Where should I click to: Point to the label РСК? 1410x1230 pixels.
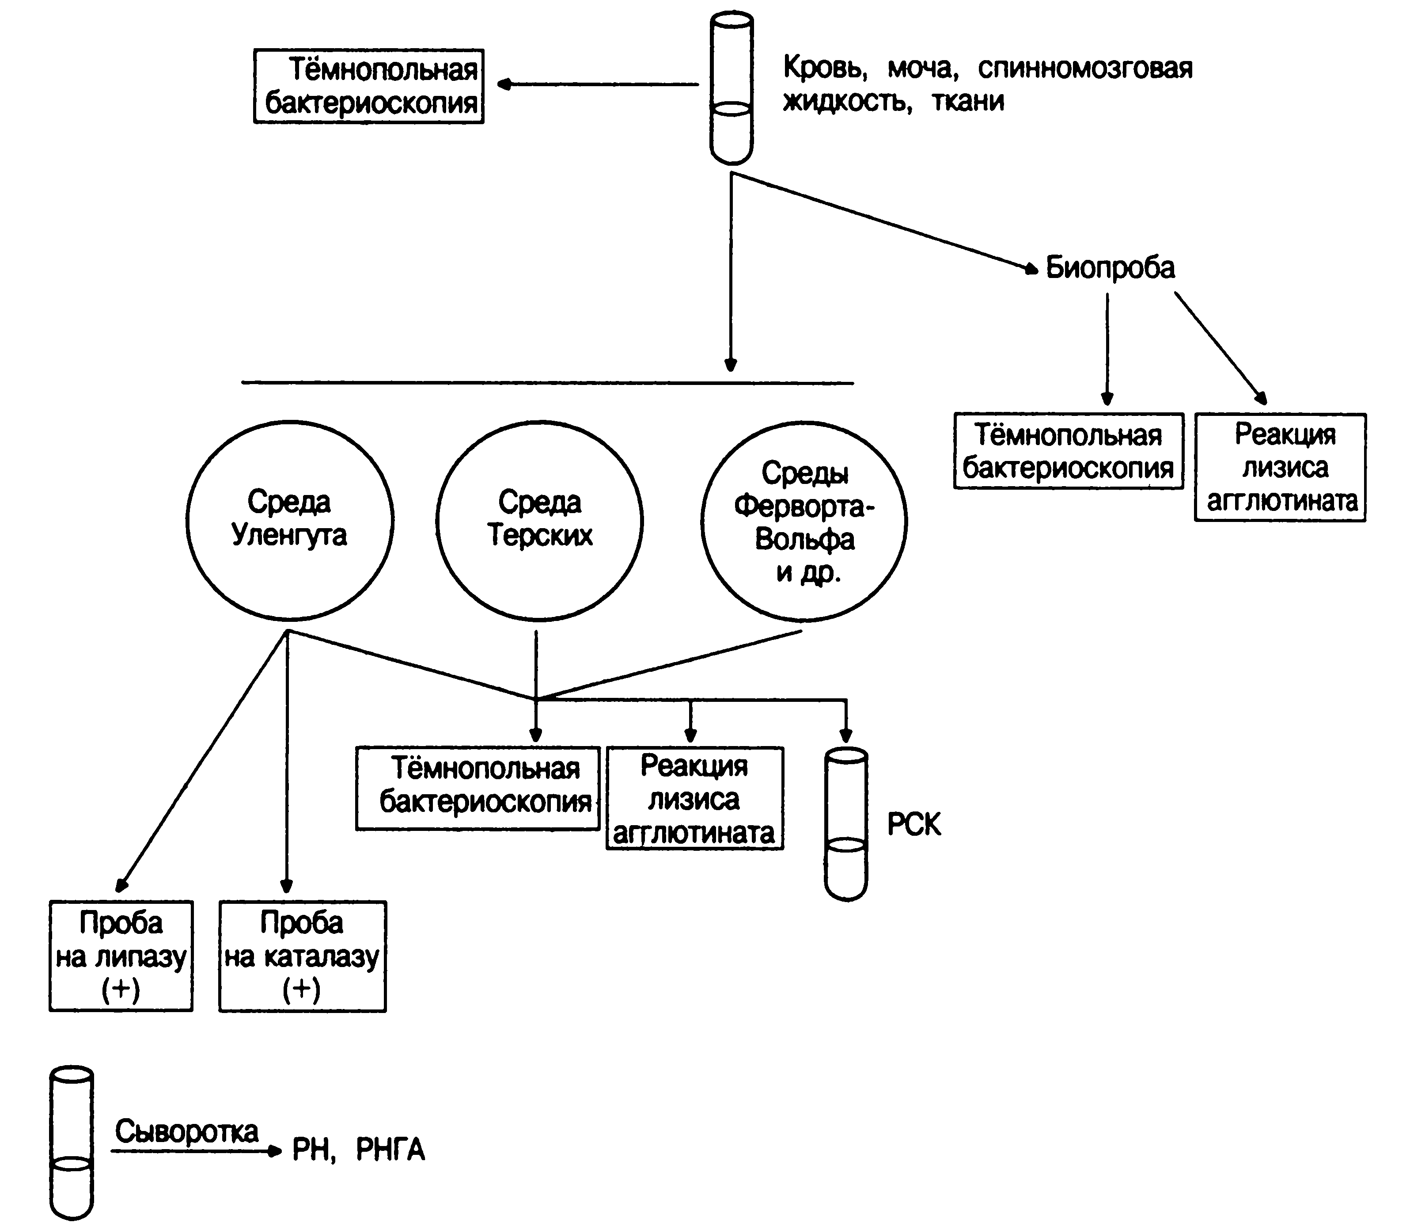(914, 824)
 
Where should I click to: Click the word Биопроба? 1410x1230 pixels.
(1110, 268)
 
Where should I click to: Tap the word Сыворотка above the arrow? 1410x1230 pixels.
(186, 1131)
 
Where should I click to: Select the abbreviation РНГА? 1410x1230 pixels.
(390, 1149)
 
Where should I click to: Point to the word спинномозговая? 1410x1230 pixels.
(1085, 69)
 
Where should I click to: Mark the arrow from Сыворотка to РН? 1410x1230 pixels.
(197, 1151)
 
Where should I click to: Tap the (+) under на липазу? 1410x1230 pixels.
(121, 989)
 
